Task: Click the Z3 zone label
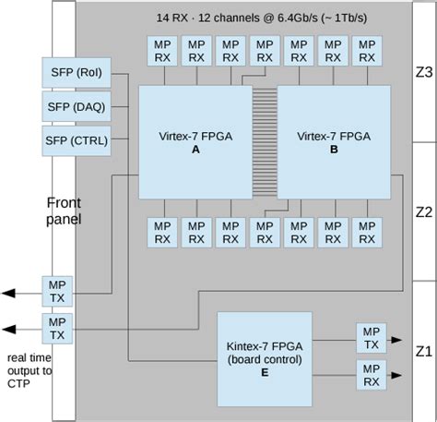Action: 423,72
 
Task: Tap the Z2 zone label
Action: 423,211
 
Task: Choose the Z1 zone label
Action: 423,351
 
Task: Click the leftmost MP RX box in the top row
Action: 161,52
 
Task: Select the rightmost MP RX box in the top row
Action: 366,52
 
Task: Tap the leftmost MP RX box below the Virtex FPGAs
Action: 161,232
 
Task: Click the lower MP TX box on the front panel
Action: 57,328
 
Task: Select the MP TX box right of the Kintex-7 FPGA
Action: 370,337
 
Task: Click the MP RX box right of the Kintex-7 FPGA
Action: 370,374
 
